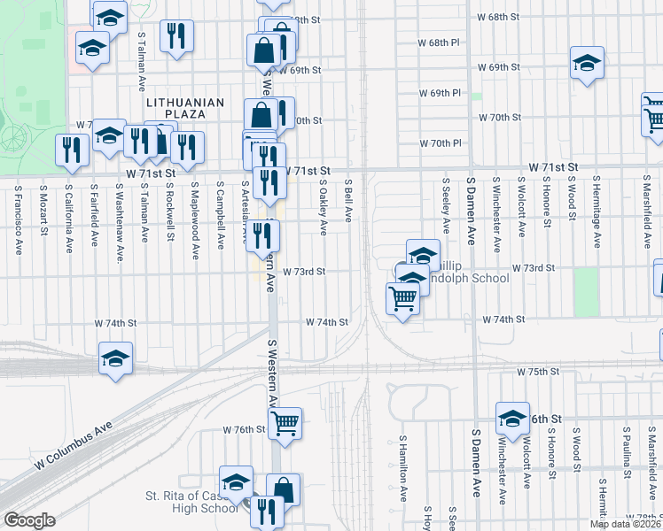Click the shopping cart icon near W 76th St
tap(285, 423)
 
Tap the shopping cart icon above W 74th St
tap(402, 299)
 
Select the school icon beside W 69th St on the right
tap(586, 62)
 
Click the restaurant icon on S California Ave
tap(69, 150)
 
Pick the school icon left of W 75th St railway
tap(115, 358)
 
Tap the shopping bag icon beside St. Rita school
tap(283, 489)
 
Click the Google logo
tap(29, 520)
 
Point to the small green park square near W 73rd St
tap(586, 292)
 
